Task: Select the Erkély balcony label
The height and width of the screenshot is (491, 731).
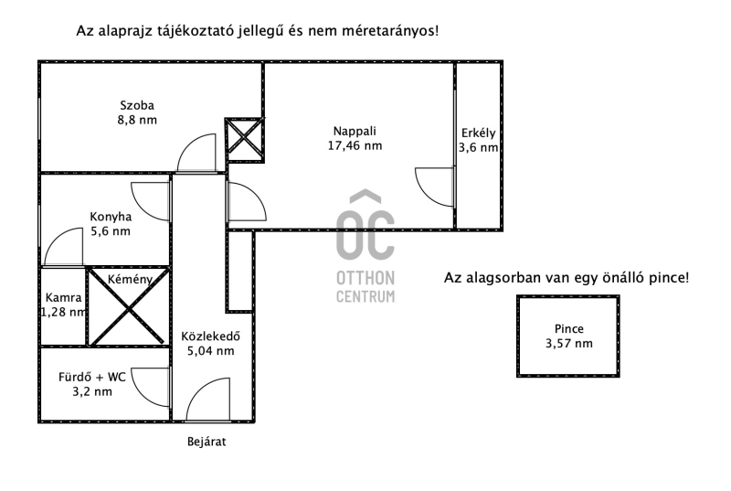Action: tap(478, 131)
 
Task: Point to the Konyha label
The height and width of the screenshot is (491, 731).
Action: tap(111, 217)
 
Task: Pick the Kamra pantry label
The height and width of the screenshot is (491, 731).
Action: tap(64, 297)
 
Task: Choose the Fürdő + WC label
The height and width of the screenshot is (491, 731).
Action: tap(90, 377)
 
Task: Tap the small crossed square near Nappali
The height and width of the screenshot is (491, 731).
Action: tap(243, 139)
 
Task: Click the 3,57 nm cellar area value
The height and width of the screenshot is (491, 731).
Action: tap(568, 344)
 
